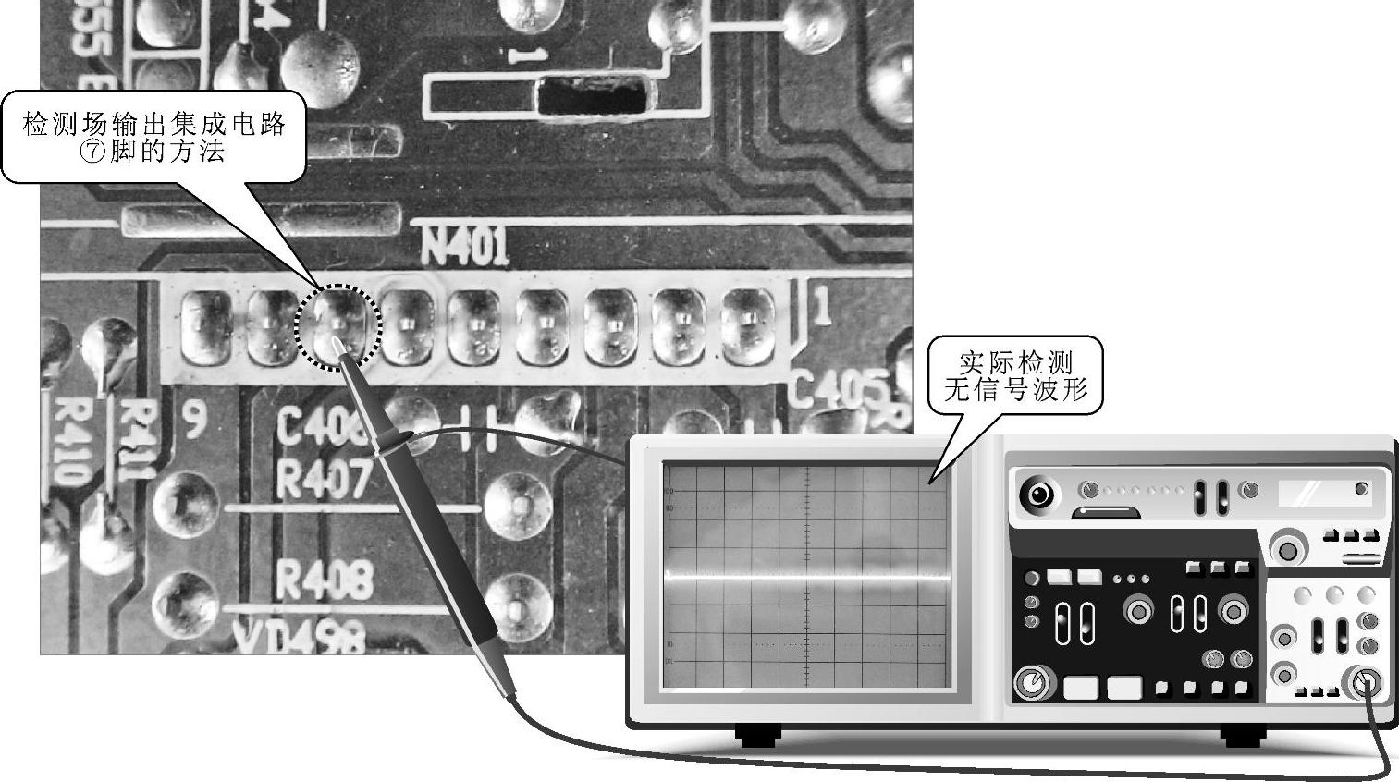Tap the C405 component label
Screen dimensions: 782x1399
837,388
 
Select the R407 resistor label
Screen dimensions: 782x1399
324,480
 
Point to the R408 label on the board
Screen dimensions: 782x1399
325,580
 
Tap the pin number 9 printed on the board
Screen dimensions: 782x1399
193,421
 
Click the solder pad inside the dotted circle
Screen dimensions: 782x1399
337,326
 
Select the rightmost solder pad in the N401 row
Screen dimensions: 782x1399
746,324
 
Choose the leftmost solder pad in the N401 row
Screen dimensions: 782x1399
204,326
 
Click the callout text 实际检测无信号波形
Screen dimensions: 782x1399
1015,374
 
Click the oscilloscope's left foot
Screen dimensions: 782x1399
758,736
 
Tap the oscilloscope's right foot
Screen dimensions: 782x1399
1243,736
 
